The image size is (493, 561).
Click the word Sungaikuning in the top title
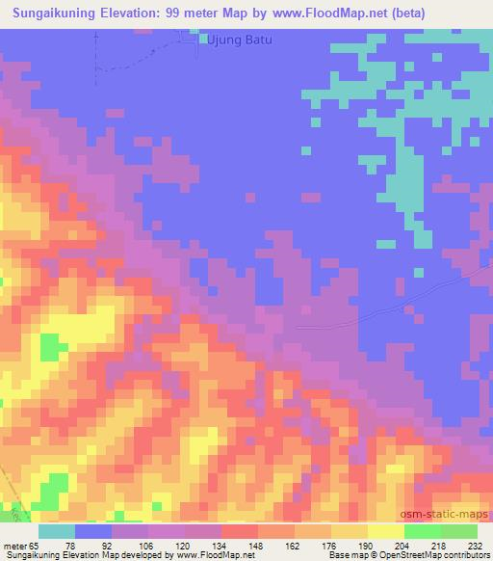pos(52,13)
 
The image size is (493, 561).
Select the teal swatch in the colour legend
pos(57,531)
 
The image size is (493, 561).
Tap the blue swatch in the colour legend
pos(93,531)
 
